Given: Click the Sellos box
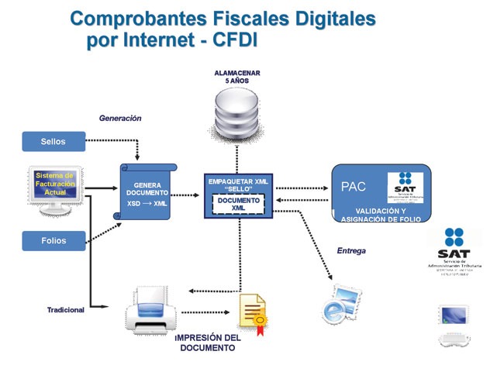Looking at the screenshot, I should point(54,141).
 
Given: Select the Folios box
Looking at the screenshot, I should point(54,240).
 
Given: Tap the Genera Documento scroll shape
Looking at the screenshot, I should point(147,194).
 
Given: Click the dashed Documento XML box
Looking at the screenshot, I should point(238,204).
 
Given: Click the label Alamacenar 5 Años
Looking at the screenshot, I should point(237,77).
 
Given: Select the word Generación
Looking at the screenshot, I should point(120,119).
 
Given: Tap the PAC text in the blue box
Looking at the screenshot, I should point(354,187).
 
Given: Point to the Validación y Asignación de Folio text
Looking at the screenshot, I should point(381,215).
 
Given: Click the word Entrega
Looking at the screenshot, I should point(351,251).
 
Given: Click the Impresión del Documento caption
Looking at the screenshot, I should point(208,343).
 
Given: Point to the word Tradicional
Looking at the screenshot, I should point(66,310).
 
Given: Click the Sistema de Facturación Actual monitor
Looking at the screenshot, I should point(55,188).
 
